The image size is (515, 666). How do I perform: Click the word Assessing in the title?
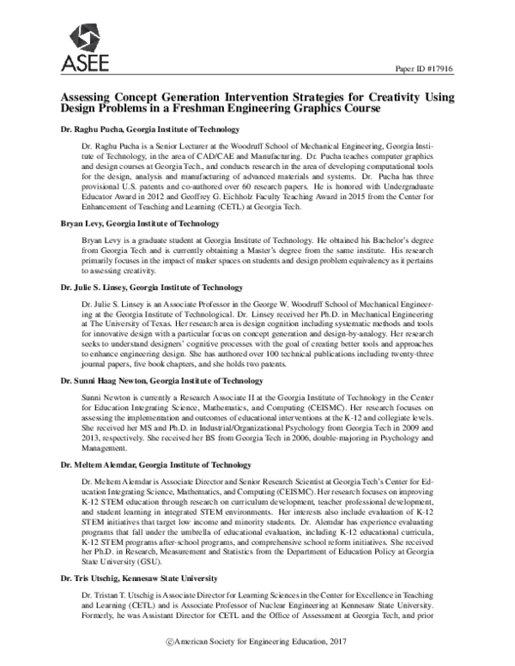(88, 100)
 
